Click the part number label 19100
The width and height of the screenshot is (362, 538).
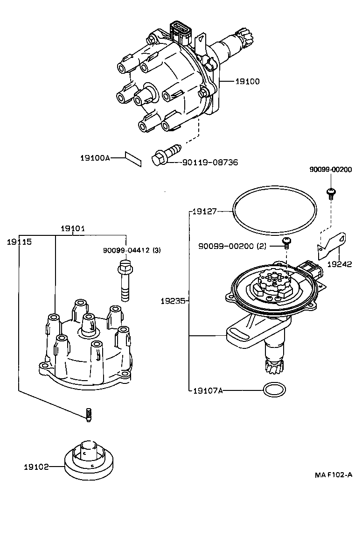point(247,81)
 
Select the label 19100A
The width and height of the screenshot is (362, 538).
point(95,158)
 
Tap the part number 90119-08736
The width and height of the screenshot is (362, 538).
point(210,163)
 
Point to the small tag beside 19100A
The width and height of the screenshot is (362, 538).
point(133,158)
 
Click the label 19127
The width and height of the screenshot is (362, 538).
point(205,212)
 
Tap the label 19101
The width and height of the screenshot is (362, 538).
point(73,228)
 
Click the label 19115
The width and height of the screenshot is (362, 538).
point(19,242)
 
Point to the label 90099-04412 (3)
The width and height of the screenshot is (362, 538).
point(132,250)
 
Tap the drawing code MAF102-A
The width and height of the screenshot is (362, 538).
point(333,475)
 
